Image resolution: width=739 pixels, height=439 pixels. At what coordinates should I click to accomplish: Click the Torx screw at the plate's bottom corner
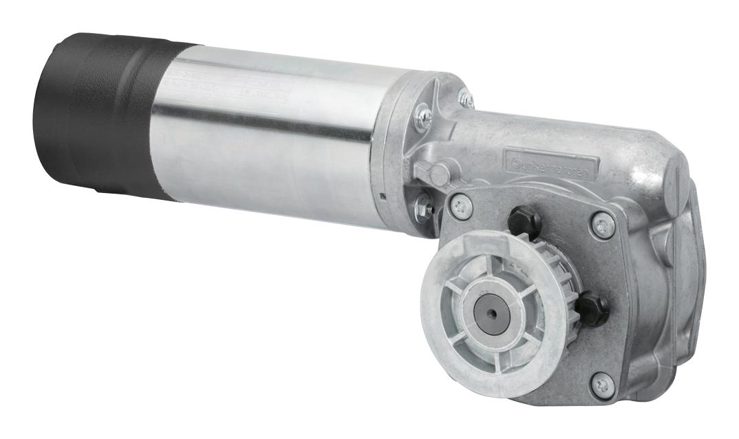coord(603,385)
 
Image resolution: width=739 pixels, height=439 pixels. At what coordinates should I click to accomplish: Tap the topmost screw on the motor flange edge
coord(467,99)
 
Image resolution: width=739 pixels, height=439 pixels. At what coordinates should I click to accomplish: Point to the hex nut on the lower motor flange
coord(423,204)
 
